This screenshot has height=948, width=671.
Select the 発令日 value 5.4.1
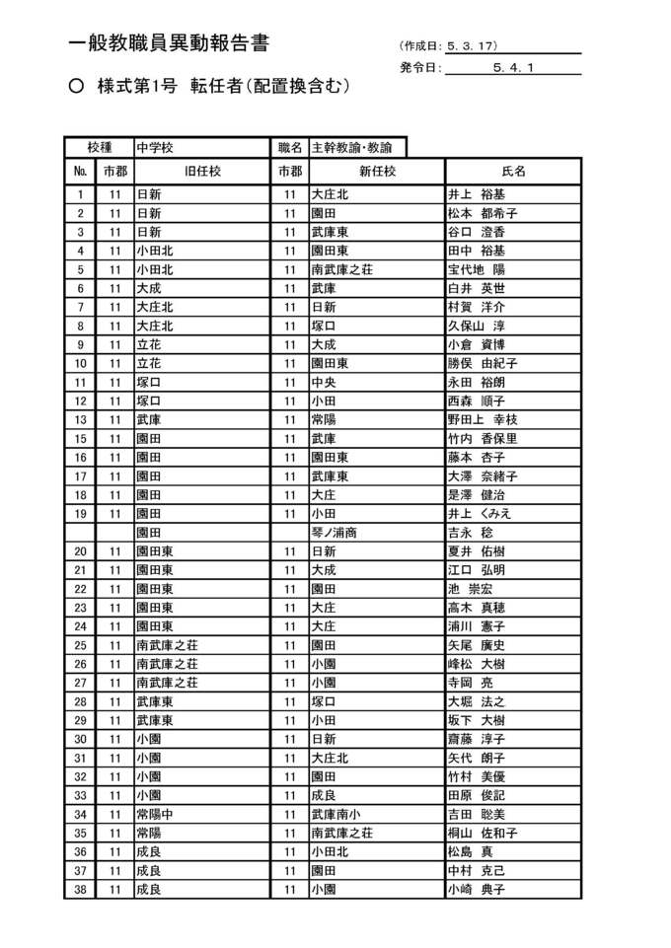click(512, 68)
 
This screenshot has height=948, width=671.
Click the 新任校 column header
click(376, 171)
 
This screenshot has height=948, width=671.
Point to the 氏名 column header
click(513, 171)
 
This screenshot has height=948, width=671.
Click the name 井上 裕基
click(477, 194)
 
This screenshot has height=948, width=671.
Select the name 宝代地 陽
click(477, 269)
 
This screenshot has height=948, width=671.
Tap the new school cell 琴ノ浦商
click(334, 533)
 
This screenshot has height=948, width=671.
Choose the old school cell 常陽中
click(157, 814)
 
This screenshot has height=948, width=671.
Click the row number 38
click(81, 889)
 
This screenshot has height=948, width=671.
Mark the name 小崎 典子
click(477, 889)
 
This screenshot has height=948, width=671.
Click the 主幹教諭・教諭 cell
click(351, 148)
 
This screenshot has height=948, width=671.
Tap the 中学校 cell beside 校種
click(155, 148)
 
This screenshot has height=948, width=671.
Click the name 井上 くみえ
click(480, 514)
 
